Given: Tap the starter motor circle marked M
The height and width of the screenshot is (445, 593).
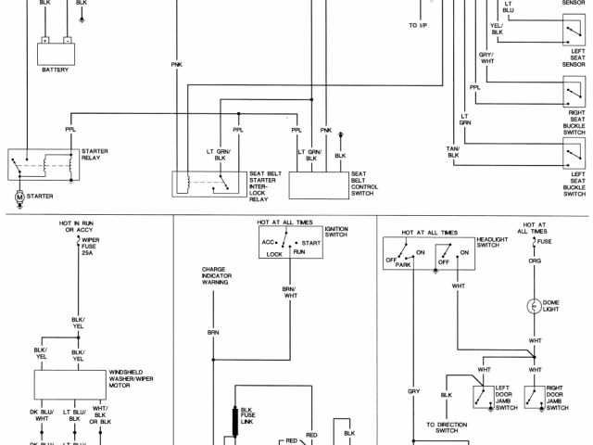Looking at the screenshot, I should point(19,197).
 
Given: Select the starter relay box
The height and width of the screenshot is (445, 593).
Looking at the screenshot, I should point(43,165).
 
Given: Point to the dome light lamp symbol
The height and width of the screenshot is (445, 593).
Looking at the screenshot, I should point(535,306).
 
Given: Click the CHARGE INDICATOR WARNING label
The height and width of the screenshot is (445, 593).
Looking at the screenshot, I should point(215,276).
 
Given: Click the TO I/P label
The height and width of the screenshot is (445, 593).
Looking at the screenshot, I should point(419,25).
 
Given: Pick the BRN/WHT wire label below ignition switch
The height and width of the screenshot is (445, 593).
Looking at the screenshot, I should point(289,293).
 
